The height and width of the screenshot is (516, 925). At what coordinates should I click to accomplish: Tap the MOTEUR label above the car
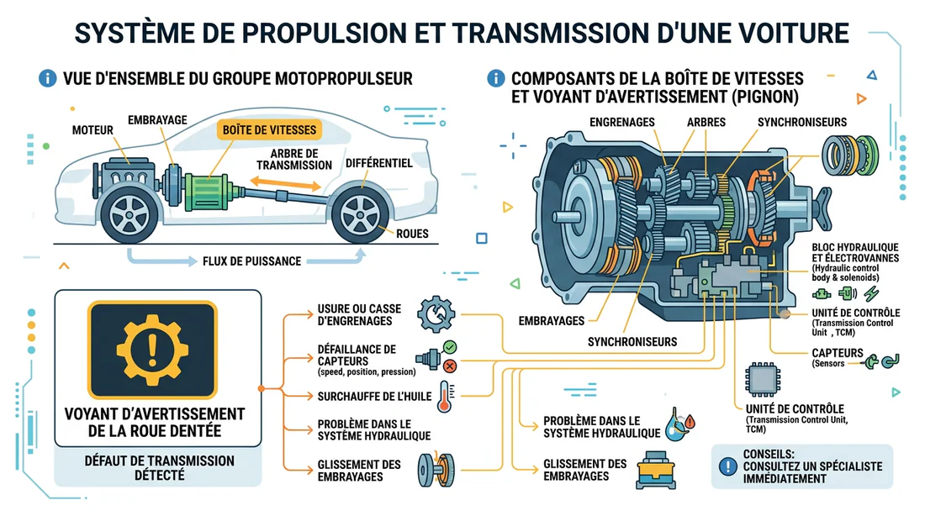point(92,131)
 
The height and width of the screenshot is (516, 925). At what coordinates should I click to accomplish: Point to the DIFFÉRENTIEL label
point(378,163)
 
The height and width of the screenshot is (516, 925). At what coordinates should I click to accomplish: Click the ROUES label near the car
point(411,234)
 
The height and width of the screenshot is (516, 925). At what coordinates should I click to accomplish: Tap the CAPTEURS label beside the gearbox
point(837,354)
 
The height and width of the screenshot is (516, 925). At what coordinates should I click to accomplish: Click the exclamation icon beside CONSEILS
point(723,466)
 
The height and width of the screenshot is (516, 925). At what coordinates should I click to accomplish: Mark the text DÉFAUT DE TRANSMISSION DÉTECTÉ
point(160,468)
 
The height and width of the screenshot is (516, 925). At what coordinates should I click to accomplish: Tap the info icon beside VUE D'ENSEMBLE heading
point(48,79)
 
